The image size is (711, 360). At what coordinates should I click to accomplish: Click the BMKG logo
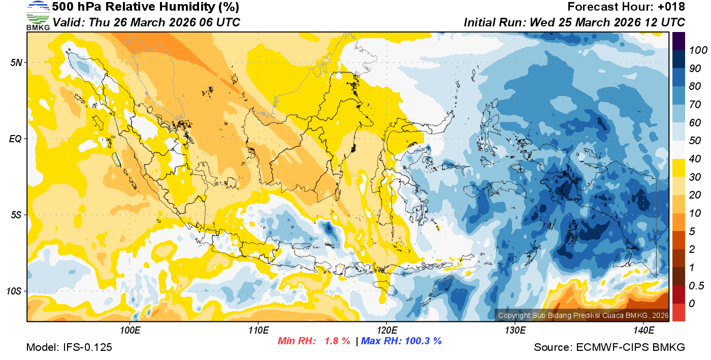pos(38,15)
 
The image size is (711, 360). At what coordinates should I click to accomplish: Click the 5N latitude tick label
pos(15,62)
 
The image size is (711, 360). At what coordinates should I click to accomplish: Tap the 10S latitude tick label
pos(13,291)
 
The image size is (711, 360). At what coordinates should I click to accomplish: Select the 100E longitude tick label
pos(130,331)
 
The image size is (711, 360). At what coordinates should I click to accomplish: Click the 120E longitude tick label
pos(386,331)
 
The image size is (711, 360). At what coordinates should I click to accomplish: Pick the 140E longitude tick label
pos(643,331)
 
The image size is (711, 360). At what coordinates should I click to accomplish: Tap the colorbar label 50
pos(693,141)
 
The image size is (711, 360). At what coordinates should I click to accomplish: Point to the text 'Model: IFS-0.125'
pos(69,347)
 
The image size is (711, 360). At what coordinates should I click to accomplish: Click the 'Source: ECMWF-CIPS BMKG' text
pos(609,347)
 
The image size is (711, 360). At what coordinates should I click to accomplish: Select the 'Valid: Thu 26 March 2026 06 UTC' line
pos(146,22)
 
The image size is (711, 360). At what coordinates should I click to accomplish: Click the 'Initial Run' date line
pos(574,22)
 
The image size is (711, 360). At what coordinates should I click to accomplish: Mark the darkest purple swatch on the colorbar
pos(678,41)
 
